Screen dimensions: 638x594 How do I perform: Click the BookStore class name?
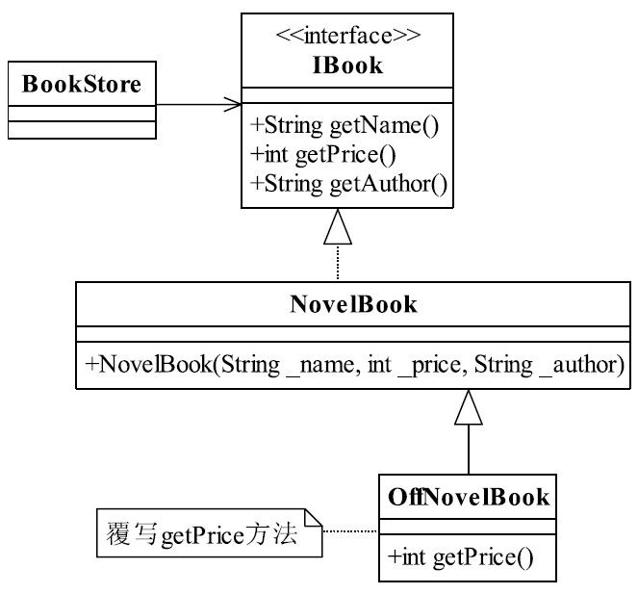coord(82,85)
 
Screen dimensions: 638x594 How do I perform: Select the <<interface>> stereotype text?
coord(348,36)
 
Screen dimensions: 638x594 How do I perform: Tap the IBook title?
coord(348,65)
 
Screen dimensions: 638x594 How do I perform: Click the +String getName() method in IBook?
coord(345,125)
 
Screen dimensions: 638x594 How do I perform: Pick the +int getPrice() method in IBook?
coord(323,155)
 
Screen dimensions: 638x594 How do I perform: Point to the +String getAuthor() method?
coord(348,184)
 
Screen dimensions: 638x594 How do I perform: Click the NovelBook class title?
coord(353,304)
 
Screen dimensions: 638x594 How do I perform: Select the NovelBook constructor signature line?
coord(354,364)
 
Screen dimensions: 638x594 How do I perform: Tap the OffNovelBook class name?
coord(469,497)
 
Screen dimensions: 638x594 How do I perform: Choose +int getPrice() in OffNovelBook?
coord(460,557)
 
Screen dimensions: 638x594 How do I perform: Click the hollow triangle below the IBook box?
coord(338,227)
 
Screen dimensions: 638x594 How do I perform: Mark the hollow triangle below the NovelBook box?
coord(469,407)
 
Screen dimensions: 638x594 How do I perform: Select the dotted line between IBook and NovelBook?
coord(338,262)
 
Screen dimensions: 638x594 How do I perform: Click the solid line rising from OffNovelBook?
coord(469,450)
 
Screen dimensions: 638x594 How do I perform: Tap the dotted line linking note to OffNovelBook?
coord(350,531)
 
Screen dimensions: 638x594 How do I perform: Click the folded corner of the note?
coord(314,518)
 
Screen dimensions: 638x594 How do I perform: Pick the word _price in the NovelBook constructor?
coord(429,365)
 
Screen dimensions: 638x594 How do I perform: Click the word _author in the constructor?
coord(582,365)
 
